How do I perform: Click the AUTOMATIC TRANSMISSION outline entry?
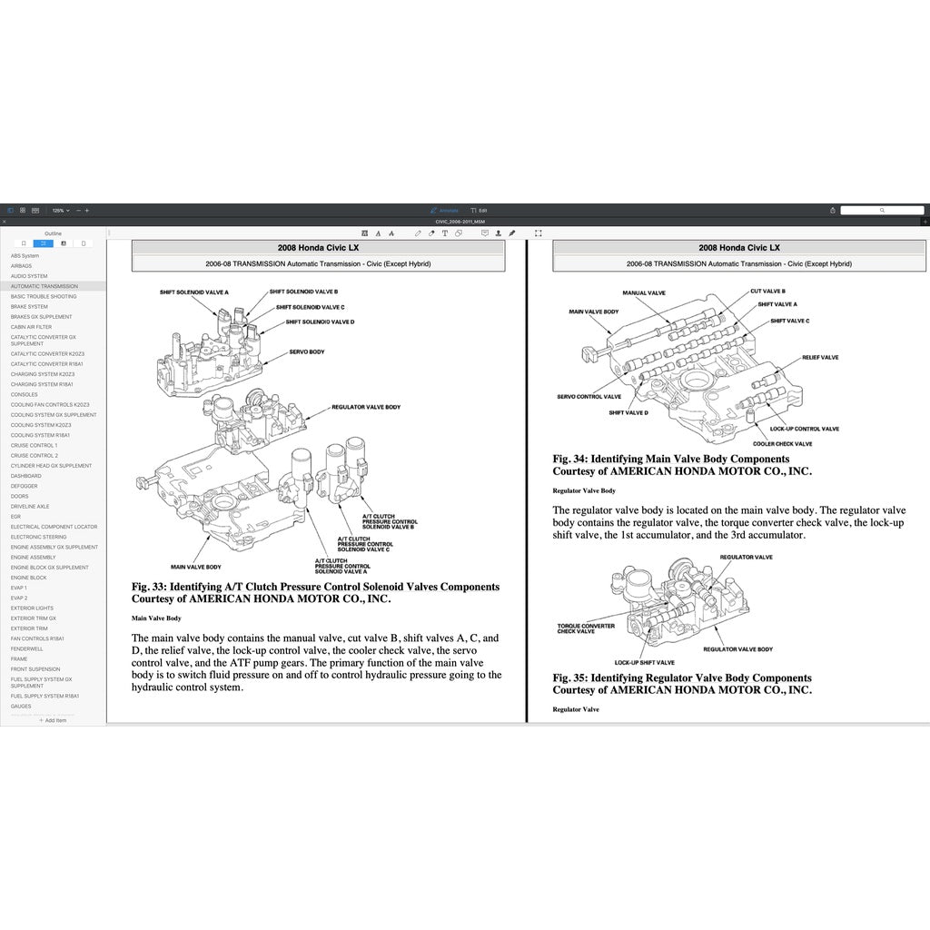coord(45,286)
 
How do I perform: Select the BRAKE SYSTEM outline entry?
coord(29,306)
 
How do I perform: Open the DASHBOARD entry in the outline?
coord(25,476)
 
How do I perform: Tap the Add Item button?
coord(53,720)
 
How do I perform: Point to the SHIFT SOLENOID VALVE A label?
coord(193,292)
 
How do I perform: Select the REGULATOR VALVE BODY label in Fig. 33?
coord(365,408)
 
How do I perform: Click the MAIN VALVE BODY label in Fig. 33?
coord(191,566)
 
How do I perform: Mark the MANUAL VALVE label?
coord(644,293)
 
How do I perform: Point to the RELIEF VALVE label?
coord(820,358)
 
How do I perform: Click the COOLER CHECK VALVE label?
coord(783,443)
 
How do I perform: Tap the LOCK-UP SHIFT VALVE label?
coord(644,662)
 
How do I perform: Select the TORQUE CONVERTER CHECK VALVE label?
coord(585,628)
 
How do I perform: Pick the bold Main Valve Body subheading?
coord(156,618)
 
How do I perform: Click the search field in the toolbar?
coord(881,210)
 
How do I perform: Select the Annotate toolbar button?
coord(445,210)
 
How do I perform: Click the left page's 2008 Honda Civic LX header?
coord(317,247)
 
